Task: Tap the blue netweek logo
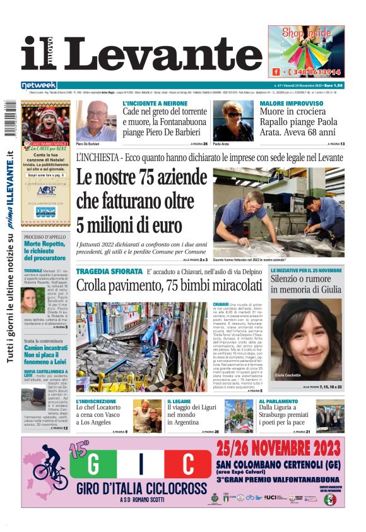[x=38, y=85]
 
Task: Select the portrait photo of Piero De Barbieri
[x=95, y=120]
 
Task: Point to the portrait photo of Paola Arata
[x=233, y=120]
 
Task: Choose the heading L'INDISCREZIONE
[x=96, y=401]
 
